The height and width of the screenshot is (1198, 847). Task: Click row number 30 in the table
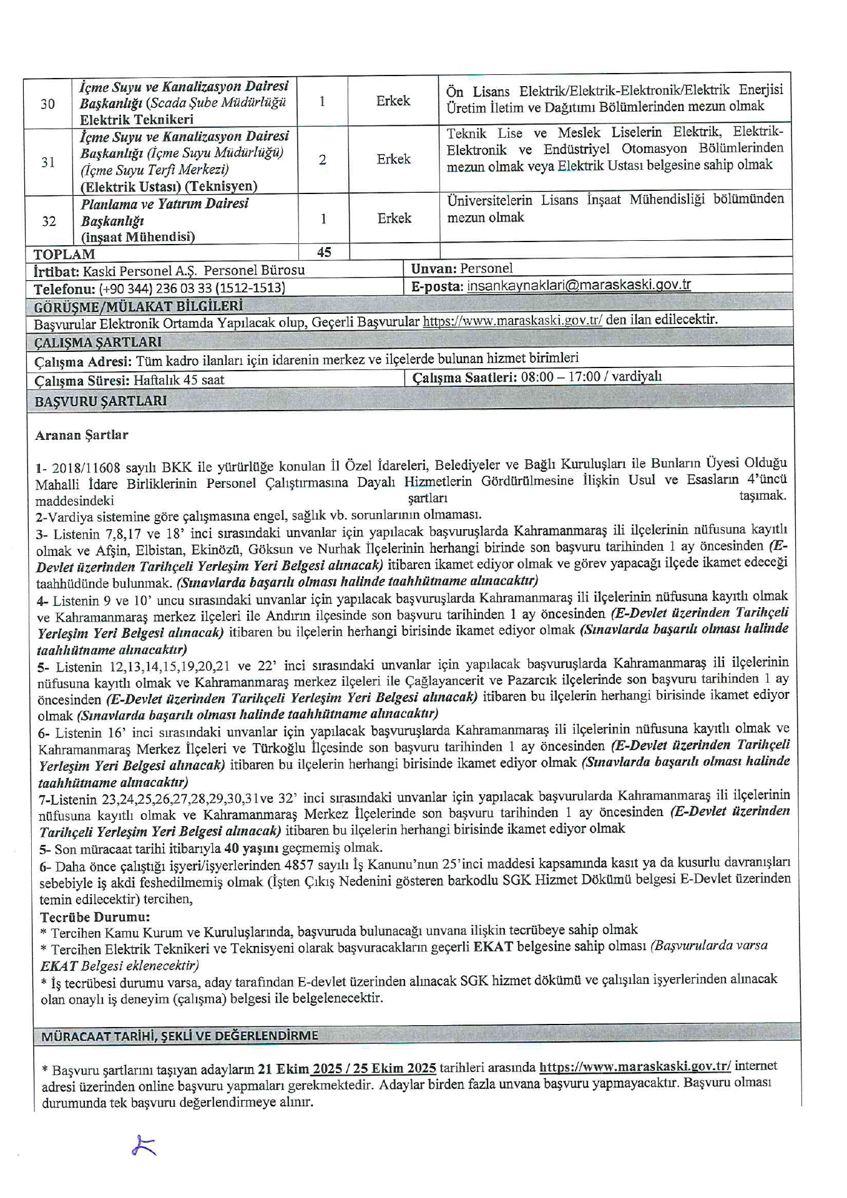[x=47, y=104]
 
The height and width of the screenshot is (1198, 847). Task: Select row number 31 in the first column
[x=48, y=162]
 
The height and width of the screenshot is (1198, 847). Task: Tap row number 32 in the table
[x=49, y=222]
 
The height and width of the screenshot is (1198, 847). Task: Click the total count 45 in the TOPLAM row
[x=324, y=252]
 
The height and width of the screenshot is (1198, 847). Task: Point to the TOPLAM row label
[x=64, y=255]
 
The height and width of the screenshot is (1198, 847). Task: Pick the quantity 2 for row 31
[x=323, y=160]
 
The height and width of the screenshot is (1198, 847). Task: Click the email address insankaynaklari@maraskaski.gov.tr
[x=579, y=285]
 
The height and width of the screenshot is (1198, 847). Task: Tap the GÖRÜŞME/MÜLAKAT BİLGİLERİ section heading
[x=138, y=306]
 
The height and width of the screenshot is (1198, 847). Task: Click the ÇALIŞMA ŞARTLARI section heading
[x=98, y=342]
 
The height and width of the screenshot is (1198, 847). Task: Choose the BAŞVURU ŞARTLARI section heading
[x=100, y=401]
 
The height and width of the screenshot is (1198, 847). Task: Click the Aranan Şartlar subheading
[x=82, y=435]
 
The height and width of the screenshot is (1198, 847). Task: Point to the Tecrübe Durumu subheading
[x=95, y=917]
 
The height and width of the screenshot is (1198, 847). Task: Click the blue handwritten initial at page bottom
[x=144, y=1146]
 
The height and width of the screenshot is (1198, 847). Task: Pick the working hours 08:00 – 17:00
[x=561, y=377]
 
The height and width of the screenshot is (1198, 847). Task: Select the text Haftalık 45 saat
[x=179, y=380]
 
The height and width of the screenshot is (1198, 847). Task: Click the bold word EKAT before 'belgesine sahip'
[x=493, y=947]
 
